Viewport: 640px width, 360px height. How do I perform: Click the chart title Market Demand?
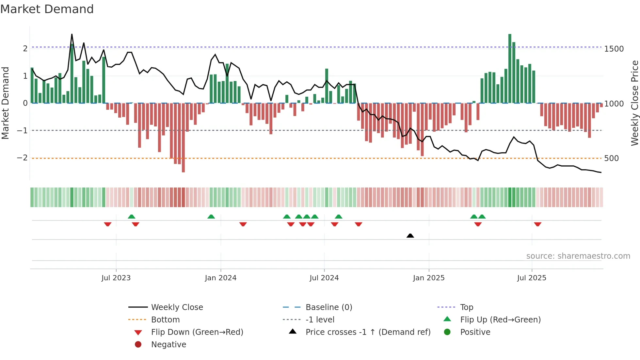coord(47,9)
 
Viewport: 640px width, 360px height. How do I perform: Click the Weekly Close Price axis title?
coord(634,103)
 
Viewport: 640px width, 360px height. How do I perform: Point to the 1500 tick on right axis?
coord(614,49)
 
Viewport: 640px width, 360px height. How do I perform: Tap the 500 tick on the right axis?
coord(611,158)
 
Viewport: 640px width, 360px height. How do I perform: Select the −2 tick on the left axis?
coord(22,158)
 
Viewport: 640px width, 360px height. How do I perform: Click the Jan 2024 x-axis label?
coord(220,278)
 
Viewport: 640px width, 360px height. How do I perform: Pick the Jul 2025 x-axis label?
coord(532,278)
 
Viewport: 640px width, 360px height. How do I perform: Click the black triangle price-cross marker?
coord(410,236)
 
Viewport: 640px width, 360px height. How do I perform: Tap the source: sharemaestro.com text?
coord(578,256)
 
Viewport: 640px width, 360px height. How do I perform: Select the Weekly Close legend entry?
coord(177,307)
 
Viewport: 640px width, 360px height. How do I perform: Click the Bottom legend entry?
coord(165,320)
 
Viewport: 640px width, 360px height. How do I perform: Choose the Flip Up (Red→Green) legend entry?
coord(500,320)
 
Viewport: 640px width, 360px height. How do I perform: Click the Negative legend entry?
coord(168,345)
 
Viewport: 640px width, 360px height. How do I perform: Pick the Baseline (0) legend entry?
coord(328,307)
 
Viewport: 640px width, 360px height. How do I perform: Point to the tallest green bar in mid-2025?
coord(510,69)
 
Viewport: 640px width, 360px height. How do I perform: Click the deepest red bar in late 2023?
coord(183,137)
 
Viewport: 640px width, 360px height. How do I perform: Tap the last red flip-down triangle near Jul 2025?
coord(537,224)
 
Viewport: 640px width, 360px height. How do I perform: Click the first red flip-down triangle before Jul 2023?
coord(107,224)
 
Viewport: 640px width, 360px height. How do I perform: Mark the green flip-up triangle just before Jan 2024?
coord(211,217)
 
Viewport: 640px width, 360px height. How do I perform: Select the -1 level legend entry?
coord(320,320)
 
